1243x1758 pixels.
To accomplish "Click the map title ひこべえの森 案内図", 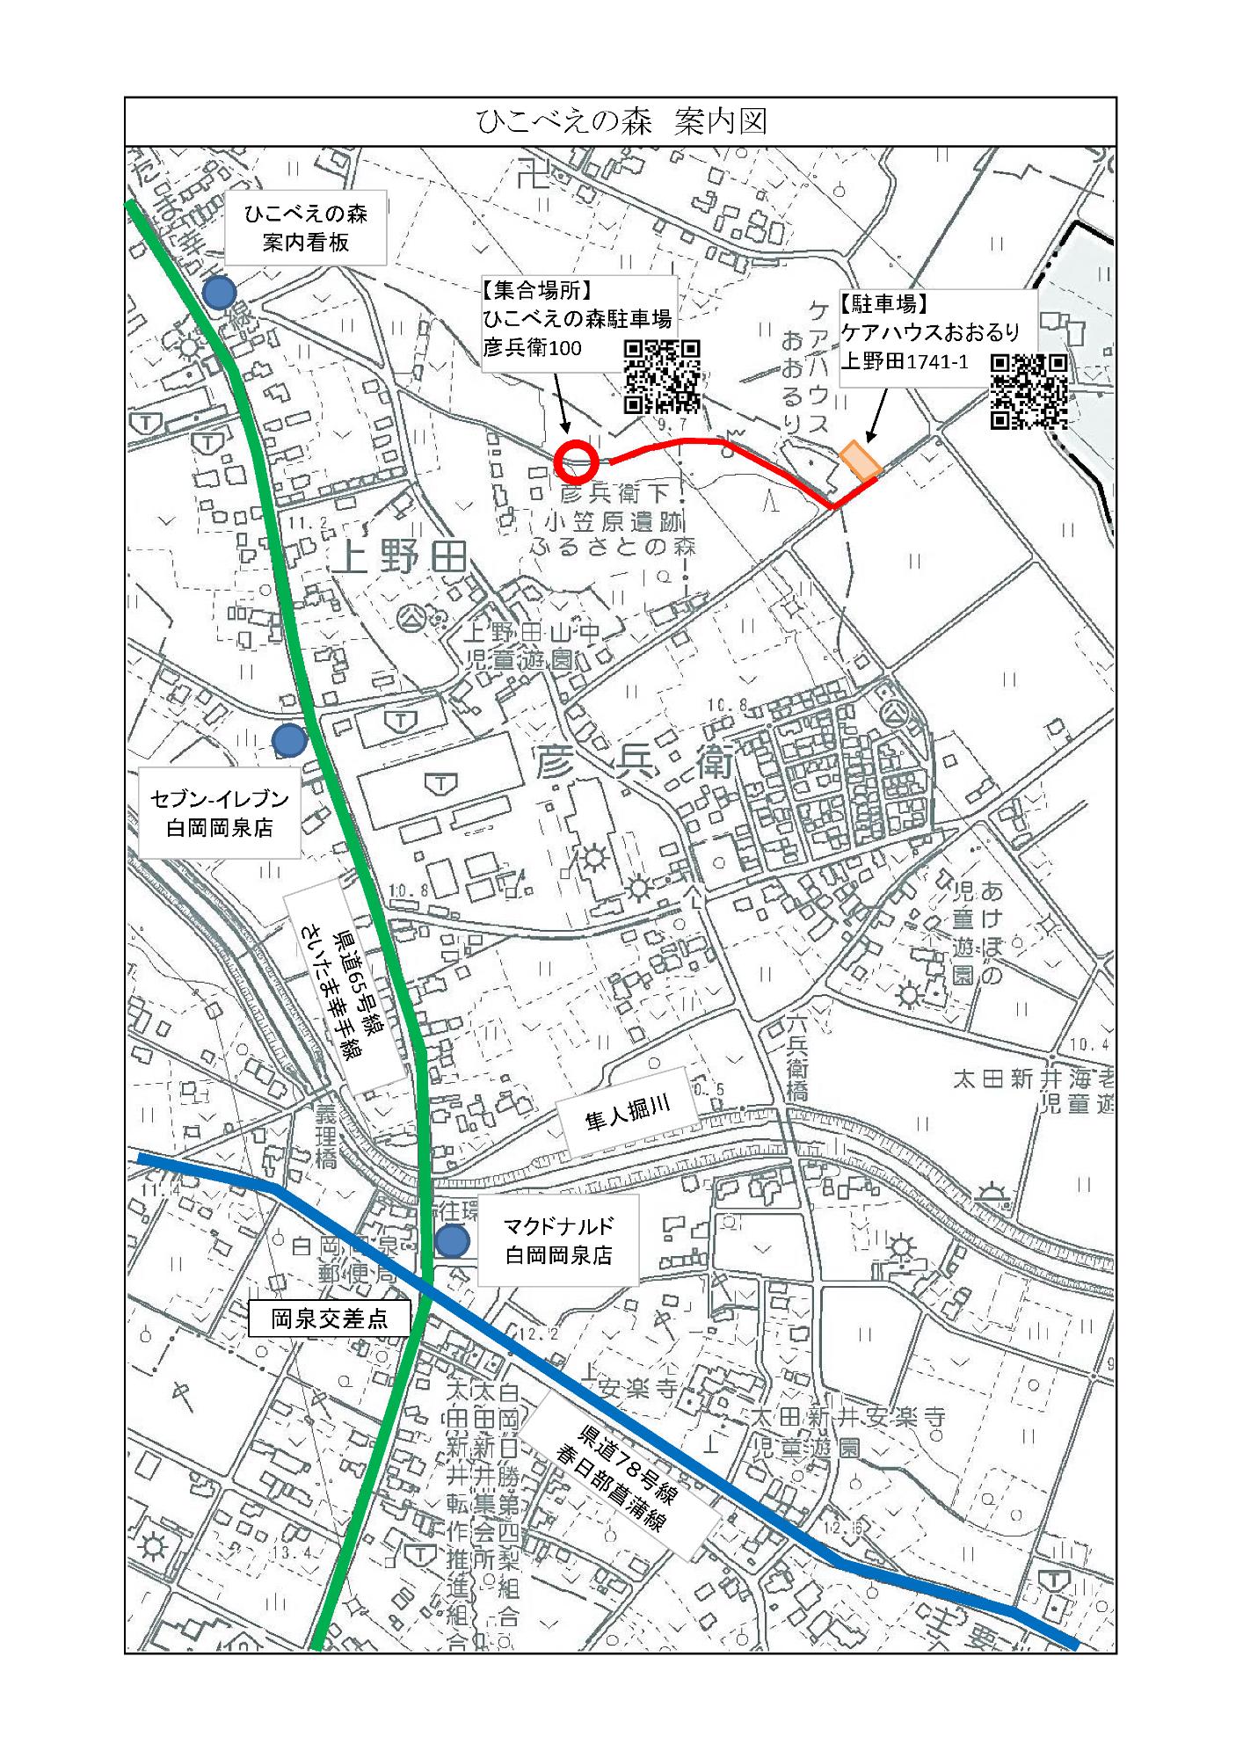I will (621, 121).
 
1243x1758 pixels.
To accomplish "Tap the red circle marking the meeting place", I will (577, 461).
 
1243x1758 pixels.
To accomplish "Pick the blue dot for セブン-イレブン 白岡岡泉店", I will (288, 741).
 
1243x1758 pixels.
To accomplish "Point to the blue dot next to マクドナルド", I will (453, 1241).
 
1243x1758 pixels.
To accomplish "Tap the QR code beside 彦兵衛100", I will (663, 377).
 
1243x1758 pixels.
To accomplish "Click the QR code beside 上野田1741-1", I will (1029, 390).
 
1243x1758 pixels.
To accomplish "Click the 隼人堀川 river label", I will (628, 1112).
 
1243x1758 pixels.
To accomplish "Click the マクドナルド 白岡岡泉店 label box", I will (557, 1240).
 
